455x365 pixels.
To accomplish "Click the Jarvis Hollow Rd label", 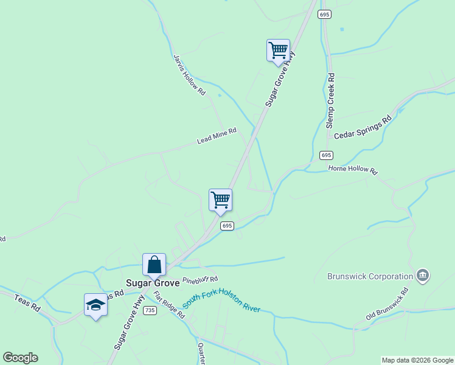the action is tap(189, 75).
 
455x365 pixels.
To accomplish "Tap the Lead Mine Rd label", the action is tap(216, 136).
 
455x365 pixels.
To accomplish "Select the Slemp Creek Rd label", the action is tap(330, 100).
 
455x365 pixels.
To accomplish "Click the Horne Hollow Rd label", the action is tap(353, 169).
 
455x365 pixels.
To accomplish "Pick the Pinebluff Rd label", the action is tap(200, 280).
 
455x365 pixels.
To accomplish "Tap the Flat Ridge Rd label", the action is tap(168, 304).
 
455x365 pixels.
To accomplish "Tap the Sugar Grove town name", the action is tap(152, 283).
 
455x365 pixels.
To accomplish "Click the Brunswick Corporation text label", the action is tap(370, 276).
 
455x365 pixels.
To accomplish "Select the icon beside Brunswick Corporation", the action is tap(423, 276).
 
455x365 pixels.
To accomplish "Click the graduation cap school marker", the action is tap(96, 304).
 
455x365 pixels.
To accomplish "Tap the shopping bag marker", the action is tap(154, 265).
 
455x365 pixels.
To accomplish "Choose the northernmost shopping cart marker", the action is tap(278, 50).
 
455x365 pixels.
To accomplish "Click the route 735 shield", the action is tap(150, 310).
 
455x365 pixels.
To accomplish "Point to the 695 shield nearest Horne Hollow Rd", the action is tap(327, 155).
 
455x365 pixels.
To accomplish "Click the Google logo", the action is tap(20, 358).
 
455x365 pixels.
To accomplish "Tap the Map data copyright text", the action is tap(417, 360).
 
